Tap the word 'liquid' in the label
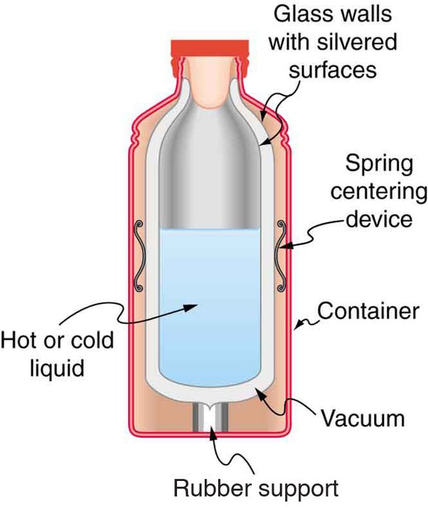[50, 369]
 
